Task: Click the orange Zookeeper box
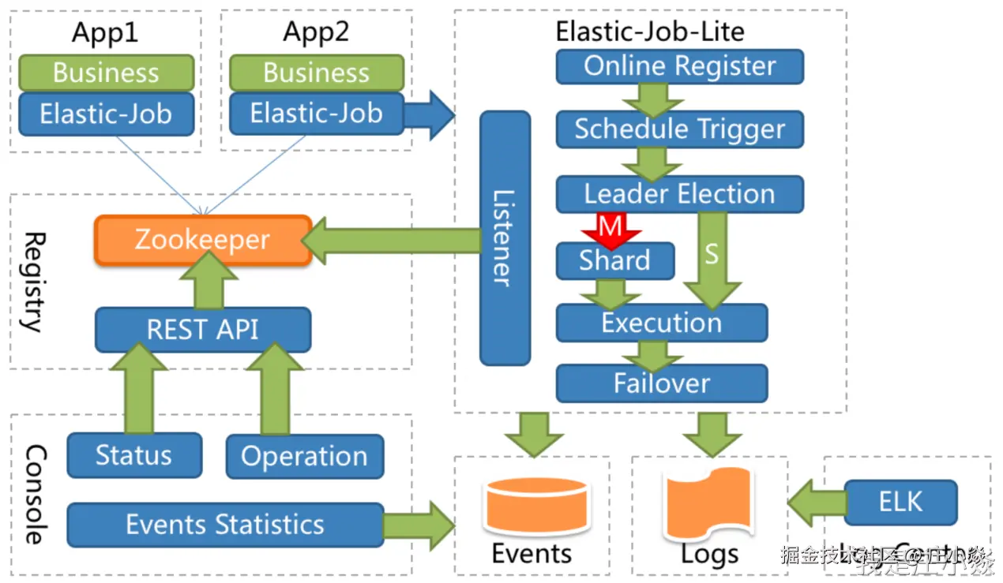[x=202, y=240]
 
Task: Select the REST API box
[x=203, y=329]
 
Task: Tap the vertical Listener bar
[x=505, y=237]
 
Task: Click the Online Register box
[x=679, y=66]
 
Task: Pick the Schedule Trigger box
[x=679, y=129]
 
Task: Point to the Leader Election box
[x=679, y=194]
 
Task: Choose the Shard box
[x=614, y=260]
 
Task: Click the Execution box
[x=662, y=323]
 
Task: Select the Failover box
[x=662, y=383]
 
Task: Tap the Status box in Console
[x=133, y=455]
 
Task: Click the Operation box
[x=304, y=456]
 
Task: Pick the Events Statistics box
[x=225, y=525]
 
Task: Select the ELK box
[x=900, y=502]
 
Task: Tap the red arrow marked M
[x=610, y=230]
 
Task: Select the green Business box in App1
[x=106, y=73]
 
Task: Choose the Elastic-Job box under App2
[x=316, y=114]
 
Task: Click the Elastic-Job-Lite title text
[x=649, y=32]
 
